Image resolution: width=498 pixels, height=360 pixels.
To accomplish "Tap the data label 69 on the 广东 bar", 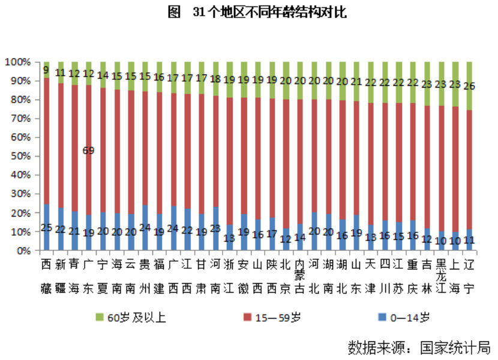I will point(88,151).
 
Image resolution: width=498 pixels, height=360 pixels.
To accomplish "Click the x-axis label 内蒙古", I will point(300,277).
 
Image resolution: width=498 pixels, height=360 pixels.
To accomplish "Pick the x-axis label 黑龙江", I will point(441,277).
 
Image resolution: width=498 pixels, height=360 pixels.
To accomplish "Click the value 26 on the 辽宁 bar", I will point(470,86).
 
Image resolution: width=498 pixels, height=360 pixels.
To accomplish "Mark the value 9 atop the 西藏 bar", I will point(46,70).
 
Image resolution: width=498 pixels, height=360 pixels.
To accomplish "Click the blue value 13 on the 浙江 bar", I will point(229,237).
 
